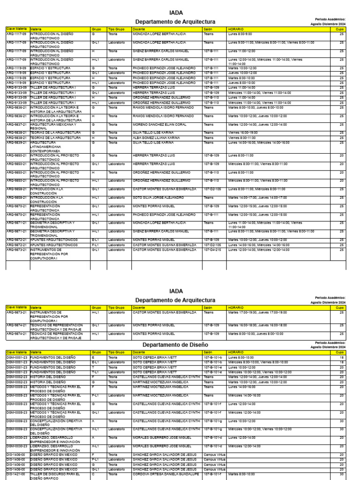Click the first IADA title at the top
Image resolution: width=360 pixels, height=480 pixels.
(x=176, y=13)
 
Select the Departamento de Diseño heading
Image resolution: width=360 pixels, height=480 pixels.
(x=175, y=345)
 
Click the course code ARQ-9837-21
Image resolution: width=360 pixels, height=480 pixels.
(x=16, y=124)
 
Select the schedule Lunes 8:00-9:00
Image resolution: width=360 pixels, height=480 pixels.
(x=240, y=34)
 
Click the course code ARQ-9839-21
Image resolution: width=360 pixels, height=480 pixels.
(x=16, y=142)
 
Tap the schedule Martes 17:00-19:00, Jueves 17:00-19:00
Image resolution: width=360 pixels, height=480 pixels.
(x=257, y=312)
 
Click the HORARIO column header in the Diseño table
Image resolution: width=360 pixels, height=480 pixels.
(x=236, y=352)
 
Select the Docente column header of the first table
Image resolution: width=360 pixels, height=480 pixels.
(x=139, y=29)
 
